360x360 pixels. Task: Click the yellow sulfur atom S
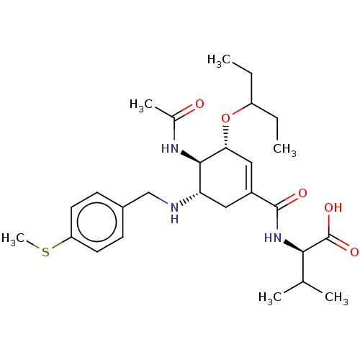pos(45,252)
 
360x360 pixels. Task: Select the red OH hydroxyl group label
pos(333,207)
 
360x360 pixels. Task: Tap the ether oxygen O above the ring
pos(225,118)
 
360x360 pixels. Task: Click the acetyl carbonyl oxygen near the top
pos(199,104)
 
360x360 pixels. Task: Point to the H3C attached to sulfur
pos(13,238)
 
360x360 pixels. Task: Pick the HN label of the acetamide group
pos(170,148)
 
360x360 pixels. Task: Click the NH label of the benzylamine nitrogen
pos(175,213)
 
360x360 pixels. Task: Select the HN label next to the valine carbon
pos(273,238)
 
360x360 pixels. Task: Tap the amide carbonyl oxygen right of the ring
pos(302,193)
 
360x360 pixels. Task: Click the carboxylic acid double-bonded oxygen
pos(354,252)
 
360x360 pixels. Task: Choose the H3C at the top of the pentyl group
pos(219,60)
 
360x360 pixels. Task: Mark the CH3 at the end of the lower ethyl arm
pos(284,149)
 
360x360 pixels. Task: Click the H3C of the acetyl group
pos(141,105)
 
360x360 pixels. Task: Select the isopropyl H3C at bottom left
pos(270,297)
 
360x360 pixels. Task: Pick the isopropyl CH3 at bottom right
pos(336,297)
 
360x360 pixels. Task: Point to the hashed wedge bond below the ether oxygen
pos(225,136)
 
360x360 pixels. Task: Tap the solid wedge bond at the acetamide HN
pos(191,157)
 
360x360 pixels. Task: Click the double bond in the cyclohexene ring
pos(249,178)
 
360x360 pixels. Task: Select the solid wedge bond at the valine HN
pos(293,246)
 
